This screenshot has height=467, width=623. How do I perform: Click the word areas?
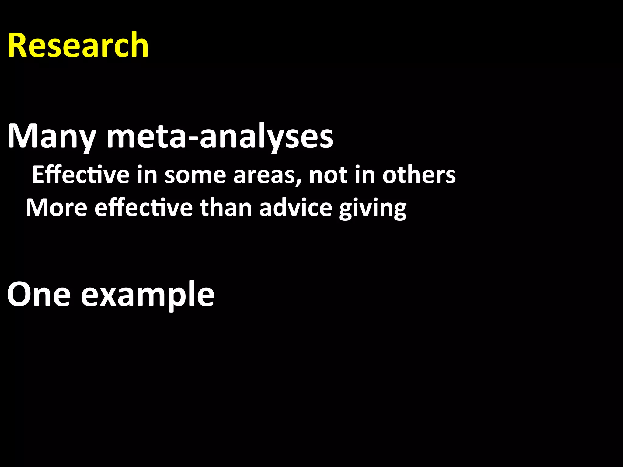[266, 175]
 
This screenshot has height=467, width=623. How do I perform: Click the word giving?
[373, 209]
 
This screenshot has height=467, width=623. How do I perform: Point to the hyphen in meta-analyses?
[192, 138]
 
